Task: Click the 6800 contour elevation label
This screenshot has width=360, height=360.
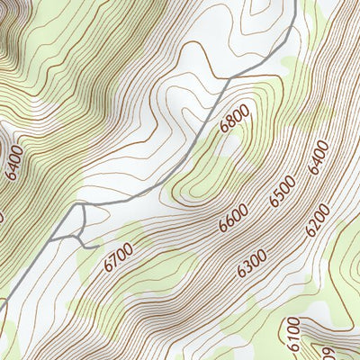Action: pos(233,121)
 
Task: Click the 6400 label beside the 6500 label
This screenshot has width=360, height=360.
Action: pos(320,158)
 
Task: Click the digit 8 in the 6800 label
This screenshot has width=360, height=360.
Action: pos(229,125)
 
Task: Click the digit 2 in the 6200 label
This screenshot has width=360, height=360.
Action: pos(315,226)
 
